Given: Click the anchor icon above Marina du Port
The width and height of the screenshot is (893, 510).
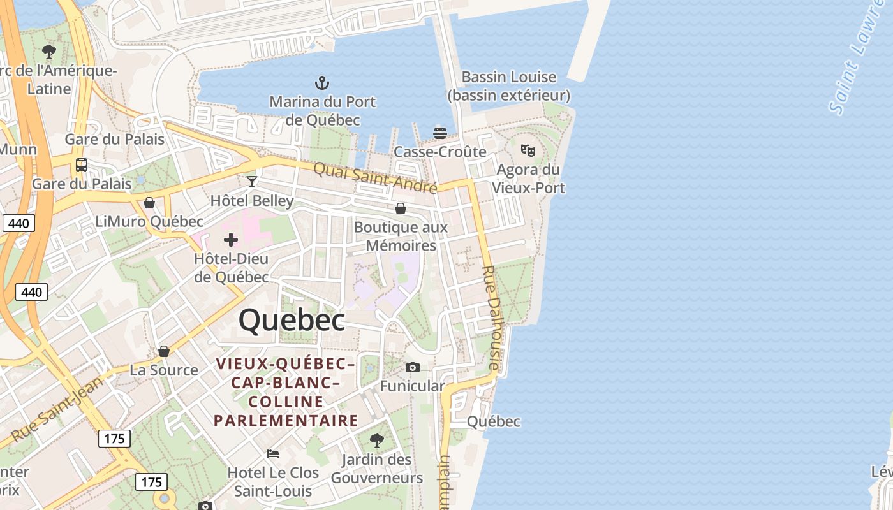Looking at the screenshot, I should pos(323,82).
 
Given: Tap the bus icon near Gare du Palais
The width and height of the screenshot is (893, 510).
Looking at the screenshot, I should pos(82,165).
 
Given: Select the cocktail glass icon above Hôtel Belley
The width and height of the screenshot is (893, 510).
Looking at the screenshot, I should pos(252,182).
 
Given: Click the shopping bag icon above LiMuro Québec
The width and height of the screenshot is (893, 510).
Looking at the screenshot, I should pos(149,203).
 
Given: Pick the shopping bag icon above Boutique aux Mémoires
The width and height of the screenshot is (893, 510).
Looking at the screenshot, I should pos(401,208).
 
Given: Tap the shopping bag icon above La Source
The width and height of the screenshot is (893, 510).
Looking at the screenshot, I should pos(164,351).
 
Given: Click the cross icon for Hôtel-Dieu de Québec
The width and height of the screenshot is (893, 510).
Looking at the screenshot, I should pos(231,240).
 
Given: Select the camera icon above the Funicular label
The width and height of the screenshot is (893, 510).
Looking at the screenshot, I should pos(413,367).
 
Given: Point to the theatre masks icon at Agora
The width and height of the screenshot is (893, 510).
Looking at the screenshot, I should pos(528,150).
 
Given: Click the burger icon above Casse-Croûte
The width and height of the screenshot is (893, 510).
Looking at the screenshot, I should pos(440,133).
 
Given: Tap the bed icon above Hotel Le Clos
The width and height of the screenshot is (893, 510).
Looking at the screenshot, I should pos(273,454).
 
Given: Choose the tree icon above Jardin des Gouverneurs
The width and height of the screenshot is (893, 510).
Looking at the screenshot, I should pos(377,440).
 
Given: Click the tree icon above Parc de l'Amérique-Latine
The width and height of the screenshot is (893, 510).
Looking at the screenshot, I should pos(48,52).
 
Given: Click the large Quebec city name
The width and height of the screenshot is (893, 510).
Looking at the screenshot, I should pos(292,320).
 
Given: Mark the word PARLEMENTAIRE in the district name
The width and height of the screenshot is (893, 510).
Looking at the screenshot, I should pos(286,421).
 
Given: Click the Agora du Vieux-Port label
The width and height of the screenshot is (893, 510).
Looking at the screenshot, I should pos(528,178).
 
